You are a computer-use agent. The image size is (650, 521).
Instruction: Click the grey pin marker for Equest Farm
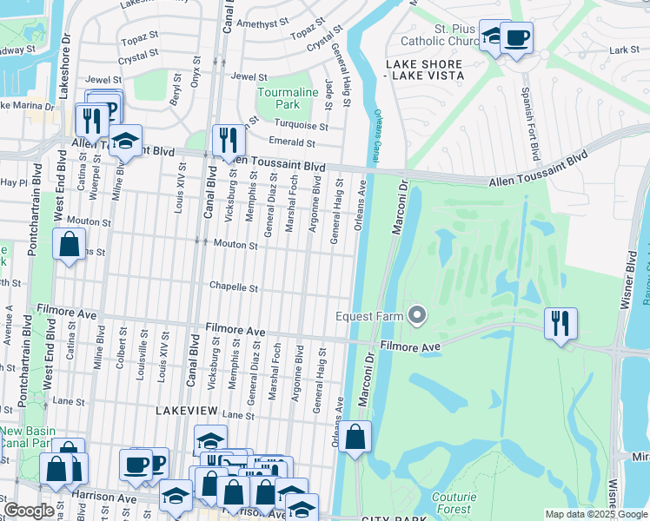click(417, 315)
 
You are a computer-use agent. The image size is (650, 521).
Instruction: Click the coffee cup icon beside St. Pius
click(516, 39)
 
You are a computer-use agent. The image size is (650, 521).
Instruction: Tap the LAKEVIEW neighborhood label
click(185, 408)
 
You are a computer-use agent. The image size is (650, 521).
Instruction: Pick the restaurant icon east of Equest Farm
click(560, 324)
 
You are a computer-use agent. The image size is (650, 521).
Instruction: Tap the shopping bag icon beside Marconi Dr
click(355, 438)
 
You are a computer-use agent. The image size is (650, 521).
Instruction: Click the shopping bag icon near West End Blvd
click(69, 245)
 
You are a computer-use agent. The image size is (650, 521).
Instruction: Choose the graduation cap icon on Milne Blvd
click(125, 142)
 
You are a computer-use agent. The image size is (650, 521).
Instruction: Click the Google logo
click(29, 511)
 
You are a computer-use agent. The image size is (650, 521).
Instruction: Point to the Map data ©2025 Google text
click(596, 514)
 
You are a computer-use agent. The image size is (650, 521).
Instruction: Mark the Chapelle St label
click(234, 287)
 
